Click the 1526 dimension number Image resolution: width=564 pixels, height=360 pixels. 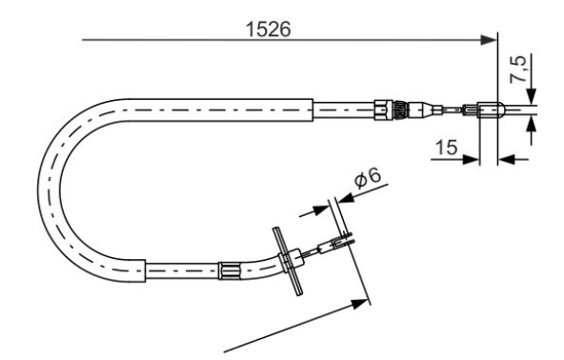pos(268,30)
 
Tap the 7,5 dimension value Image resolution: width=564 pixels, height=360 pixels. pos(519,70)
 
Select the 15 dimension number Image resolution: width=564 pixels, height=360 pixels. pos(447,148)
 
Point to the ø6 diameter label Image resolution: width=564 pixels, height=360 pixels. pos(367,178)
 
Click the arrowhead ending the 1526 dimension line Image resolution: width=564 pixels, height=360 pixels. pos(489,40)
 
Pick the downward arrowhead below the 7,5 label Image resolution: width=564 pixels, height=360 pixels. pos(531,96)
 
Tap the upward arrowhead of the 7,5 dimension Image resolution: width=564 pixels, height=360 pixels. pos(531,124)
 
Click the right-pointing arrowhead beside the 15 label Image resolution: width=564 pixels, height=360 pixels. pos(471,159)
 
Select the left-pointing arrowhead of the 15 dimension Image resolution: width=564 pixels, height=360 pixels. pos(507,159)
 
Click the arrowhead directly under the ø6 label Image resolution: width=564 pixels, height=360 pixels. pos(345,197)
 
